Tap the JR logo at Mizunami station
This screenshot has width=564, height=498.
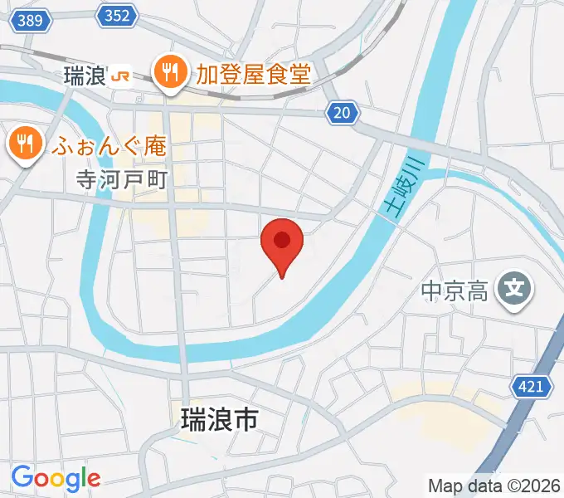pyautogui.click(x=120, y=76)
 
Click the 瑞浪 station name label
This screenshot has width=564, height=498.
pyautogui.click(x=83, y=76)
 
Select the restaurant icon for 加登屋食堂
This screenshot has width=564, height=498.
pyautogui.click(x=170, y=72)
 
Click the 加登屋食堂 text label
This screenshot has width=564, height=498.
pyautogui.click(x=252, y=75)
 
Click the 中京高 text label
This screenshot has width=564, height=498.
pyautogui.click(x=455, y=290)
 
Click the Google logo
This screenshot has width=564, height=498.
pyautogui.click(x=56, y=477)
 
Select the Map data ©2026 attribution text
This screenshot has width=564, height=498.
pyautogui.click(x=493, y=486)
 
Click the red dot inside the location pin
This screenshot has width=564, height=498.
pyautogui.click(x=282, y=240)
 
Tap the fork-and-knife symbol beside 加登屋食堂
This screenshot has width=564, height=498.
pyautogui.click(x=170, y=72)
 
